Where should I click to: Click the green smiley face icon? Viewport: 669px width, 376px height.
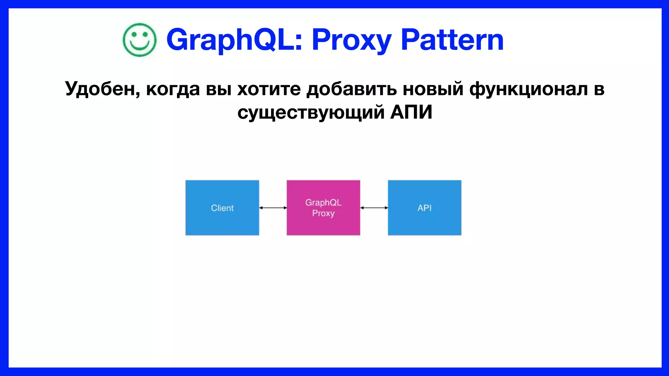[139, 40]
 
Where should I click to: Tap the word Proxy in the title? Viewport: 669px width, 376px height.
[351, 40]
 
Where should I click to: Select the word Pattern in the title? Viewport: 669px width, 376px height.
[452, 40]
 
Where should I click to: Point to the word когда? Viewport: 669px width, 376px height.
[173, 89]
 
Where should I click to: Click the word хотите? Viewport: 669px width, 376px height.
[269, 89]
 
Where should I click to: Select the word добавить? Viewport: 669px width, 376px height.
[351, 89]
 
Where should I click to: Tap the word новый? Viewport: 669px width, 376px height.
[433, 89]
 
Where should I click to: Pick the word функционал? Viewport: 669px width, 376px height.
[529, 89]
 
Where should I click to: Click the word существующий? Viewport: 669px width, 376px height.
[311, 113]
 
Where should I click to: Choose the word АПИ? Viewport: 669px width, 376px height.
[411, 113]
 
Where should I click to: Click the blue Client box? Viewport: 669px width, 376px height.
[222, 208]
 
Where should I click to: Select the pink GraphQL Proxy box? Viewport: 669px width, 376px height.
[323, 208]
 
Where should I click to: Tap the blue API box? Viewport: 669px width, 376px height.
[424, 208]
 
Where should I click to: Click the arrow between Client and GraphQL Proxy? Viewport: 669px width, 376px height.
[273, 208]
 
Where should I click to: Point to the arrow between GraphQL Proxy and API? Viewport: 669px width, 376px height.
[374, 208]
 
